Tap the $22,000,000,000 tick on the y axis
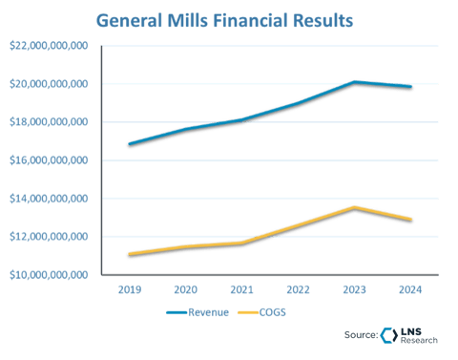click(49, 46)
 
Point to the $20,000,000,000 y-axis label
click(49, 84)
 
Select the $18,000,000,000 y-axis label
click(49, 122)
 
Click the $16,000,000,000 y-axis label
click(49, 160)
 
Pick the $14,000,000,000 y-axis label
click(49, 199)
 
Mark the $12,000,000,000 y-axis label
click(49, 237)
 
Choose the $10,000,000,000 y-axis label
click(49, 275)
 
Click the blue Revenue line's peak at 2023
click(355, 83)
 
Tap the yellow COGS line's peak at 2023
click(355, 206)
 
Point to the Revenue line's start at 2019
click(129, 145)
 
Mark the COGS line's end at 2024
click(410, 220)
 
